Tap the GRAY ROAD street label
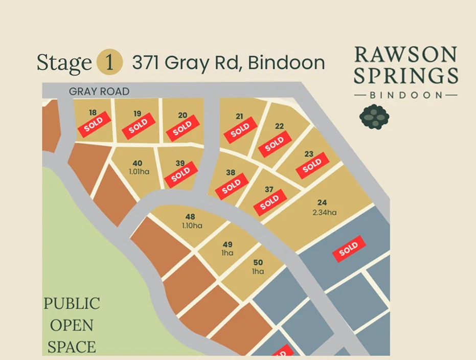(x=99, y=92)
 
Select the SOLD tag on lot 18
(x=94, y=124)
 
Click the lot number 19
(x=137, y=114)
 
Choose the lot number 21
(x=239, y=116)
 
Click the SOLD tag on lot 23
(x=312, y=165)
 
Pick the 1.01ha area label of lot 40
(x=138, y=171)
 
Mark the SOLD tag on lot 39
(x=181, y=174)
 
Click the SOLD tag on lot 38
(x=231, y=186)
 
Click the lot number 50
(x=258, y=263)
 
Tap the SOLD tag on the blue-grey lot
(x=349, y=249)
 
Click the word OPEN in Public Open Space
(x=71, y=325)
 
